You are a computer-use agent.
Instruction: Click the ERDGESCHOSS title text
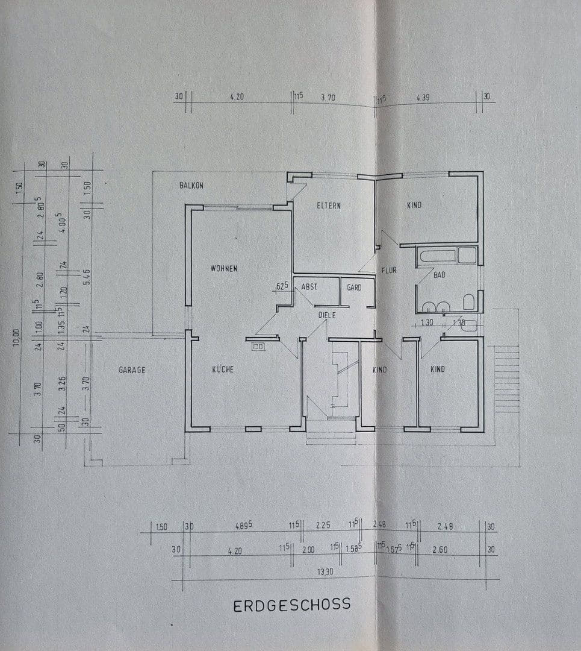[x=291, y=605]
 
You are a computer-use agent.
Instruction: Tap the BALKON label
[x=191, y=186]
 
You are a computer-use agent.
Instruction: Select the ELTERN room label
[x=329, y=206]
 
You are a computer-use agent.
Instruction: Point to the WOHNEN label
[x=223, y=268]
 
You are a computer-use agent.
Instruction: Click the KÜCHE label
[x=222, y=370]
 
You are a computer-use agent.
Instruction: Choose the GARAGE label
[x=132, y=370]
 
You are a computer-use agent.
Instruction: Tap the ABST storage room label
[x=309, y=288]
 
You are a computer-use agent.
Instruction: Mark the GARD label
[x=354, y=288]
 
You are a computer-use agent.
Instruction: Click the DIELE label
[x=327, y=315]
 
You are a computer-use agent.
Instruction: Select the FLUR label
[x=388, y=271]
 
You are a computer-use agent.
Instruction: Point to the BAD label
[x=440, y=275]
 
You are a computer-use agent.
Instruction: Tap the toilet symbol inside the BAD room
[x=468, y=301]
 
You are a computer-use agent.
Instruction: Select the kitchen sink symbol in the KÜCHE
[x=258, y=347]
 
